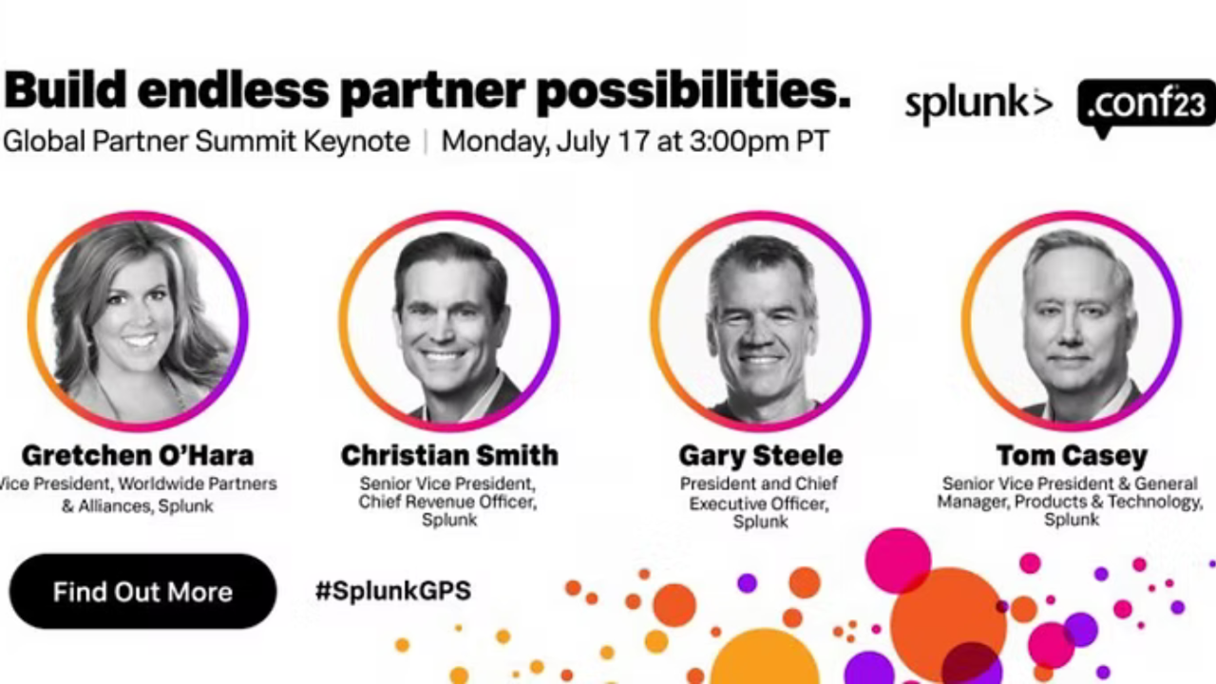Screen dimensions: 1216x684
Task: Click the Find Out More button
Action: coord(142,591)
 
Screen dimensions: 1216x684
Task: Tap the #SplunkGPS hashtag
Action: coord(393,591)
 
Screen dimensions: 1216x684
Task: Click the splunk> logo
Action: coord(978,105)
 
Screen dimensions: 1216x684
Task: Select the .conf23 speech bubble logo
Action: coord(1147,106)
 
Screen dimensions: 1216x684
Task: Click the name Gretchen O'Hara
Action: coord(138,455)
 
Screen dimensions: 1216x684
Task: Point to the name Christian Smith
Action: coord(449,455)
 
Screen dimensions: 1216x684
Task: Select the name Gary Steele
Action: coord(761,455)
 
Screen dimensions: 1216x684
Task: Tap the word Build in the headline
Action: coord(66,89)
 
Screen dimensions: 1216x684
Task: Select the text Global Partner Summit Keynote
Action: coord(206,142)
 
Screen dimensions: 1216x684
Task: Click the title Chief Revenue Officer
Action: coord(447,503)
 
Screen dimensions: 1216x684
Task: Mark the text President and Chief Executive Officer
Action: coord(759,493)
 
